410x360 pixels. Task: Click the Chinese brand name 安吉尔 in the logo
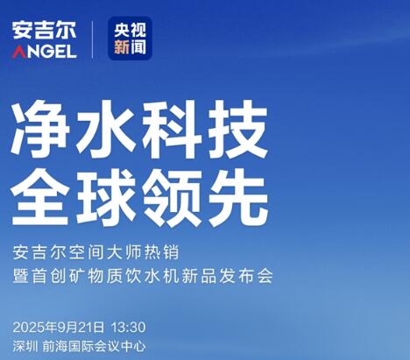coord(44,30)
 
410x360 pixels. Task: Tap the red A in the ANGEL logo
coord(19,52)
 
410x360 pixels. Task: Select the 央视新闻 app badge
coord(130,39)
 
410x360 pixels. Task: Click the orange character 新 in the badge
coord(122,47)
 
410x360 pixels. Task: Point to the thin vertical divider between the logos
coord(92,39)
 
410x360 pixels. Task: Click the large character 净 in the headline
coord(40,129)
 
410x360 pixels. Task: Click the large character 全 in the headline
coord(40,198)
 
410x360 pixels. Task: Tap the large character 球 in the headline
coord(106,198)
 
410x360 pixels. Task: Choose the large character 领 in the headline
coord(173,198)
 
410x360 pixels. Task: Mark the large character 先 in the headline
coord(238,198)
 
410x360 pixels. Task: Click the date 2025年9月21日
coord(58,328)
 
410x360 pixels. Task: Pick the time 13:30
coord(129,328)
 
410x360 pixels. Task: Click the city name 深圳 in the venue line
coord(25,347)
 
